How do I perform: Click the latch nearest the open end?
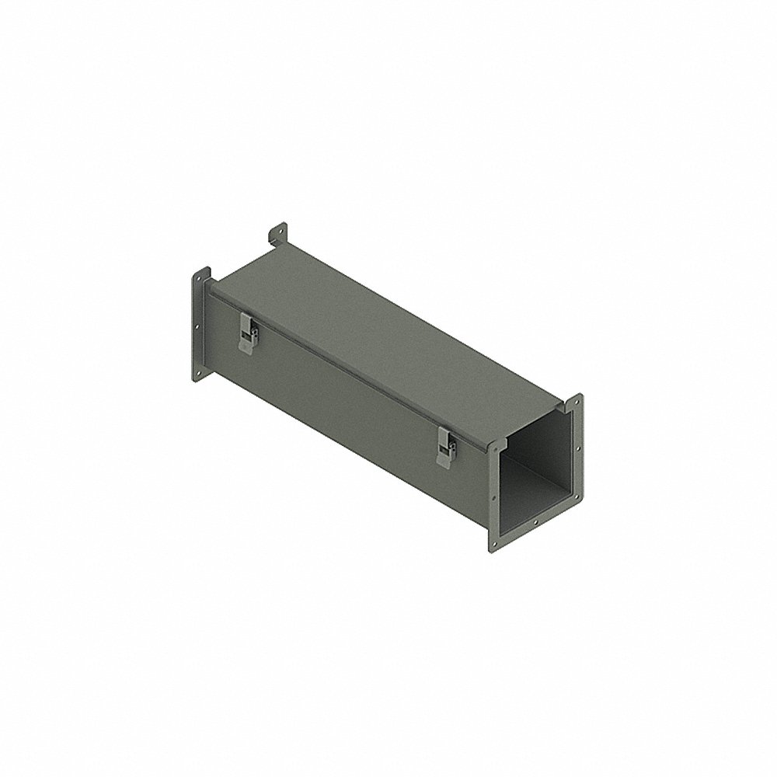(446, 448)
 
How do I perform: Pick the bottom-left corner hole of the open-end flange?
(493, 544)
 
